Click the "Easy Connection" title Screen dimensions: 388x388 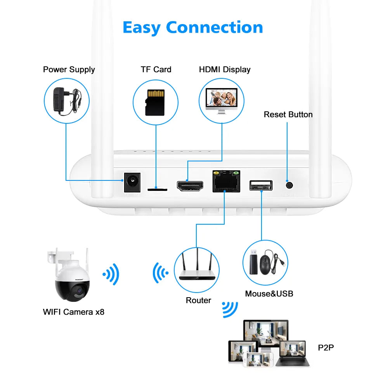(x=193, y=28)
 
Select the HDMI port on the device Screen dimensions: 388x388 (x=190, y=185)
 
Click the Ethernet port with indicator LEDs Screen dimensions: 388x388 (x=226, y=181)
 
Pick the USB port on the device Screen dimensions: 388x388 (x=261, y=185)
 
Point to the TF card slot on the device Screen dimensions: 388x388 (x=157, y=190)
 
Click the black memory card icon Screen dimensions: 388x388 (x=155, y=102)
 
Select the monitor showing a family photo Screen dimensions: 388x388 (x=221, y=100)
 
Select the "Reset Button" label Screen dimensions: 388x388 (x=288, y=114)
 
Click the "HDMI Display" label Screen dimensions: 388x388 (x=225, y=69)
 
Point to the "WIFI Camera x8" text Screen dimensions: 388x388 (x=74, y=312)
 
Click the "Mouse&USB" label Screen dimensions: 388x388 (x=269, y=293)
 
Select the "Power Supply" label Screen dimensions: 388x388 (x=69, y=69)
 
